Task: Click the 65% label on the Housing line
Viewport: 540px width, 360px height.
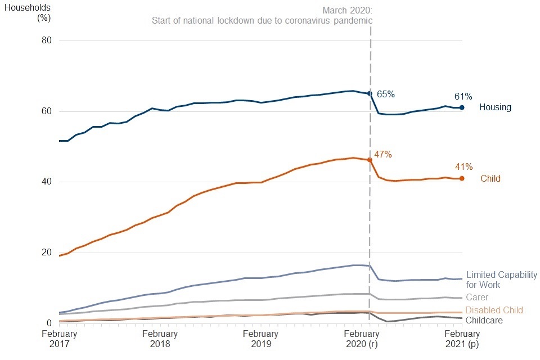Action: tap(385, 94)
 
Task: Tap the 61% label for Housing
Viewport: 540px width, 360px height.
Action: tap(463, 96)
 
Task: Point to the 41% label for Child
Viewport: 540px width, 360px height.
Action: tap(463, 166)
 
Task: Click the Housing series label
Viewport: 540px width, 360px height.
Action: tap(495, 107)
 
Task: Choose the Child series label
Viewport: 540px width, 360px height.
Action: tap(490, 179)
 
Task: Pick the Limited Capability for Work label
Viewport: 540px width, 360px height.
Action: tap(502, 280)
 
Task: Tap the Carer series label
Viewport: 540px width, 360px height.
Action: tap(477, 298)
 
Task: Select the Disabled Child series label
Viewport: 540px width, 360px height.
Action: tap(494, 310)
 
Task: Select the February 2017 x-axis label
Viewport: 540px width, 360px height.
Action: tap(59, 338)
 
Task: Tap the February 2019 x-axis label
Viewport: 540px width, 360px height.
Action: tap(260, 338)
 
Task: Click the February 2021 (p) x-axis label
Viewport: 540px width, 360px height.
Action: tap(461, 338)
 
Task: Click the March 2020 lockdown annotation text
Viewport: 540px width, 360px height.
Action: tap(262, 16)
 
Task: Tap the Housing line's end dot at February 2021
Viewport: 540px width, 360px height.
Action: tap(462, 107)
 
